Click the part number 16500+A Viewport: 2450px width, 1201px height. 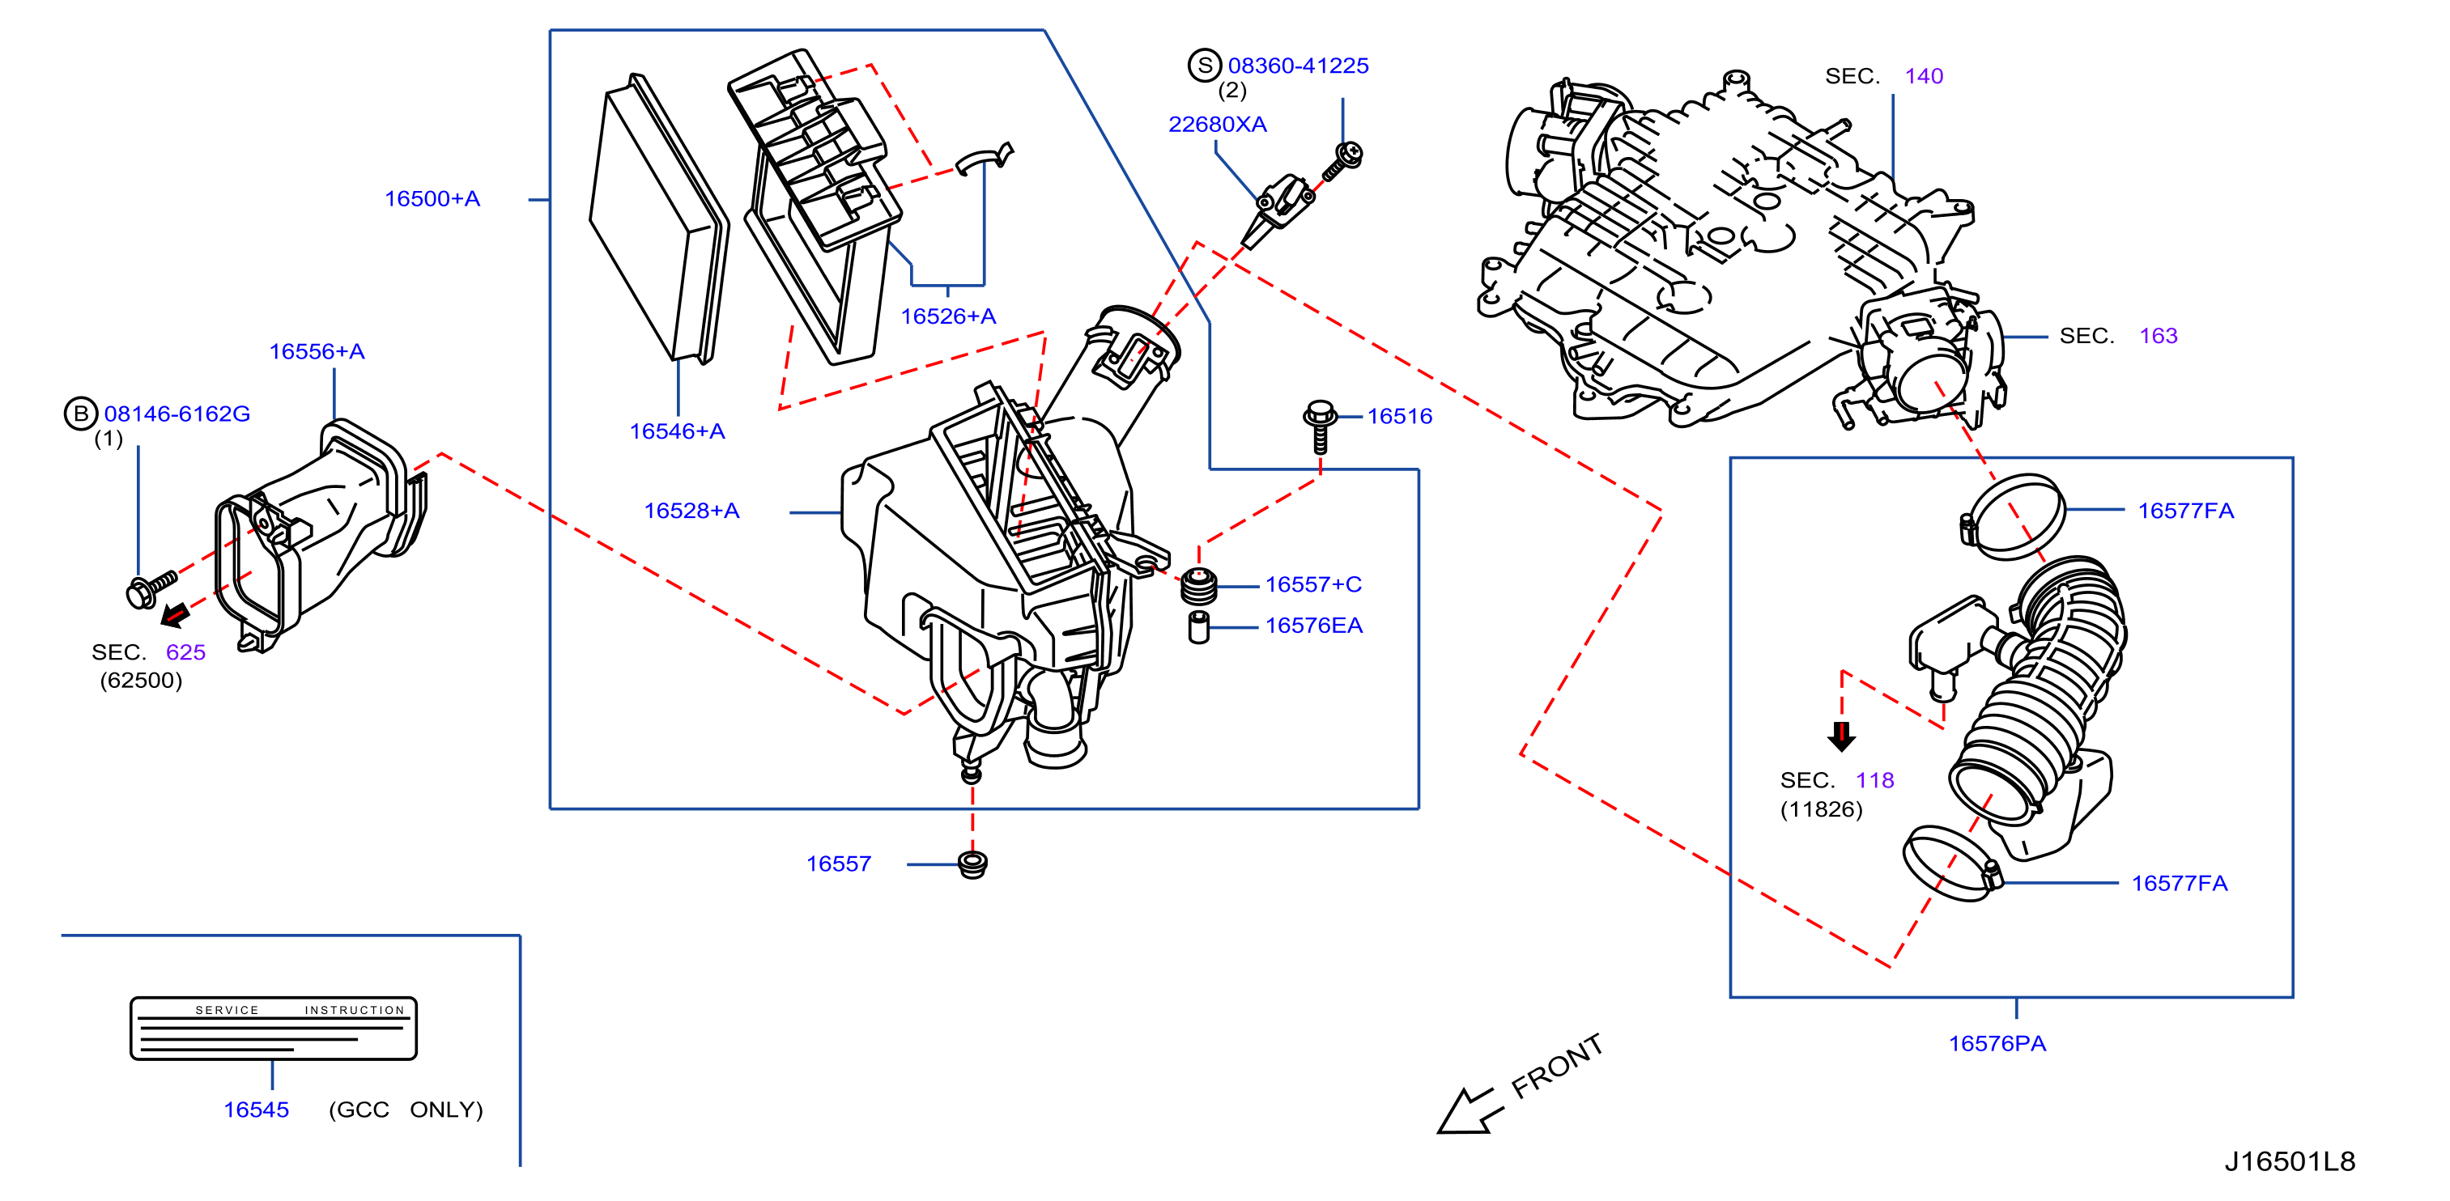[x=432, y=199]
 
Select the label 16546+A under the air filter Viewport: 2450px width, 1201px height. [x=677, y=431]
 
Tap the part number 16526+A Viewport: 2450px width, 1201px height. [x=948, y=316]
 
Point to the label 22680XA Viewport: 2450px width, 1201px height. [x=1218, y=125]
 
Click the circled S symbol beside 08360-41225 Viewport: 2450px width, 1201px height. [x=1205, y=66]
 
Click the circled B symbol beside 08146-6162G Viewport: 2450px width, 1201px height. [x=81, y=414]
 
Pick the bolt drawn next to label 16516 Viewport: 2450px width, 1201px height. [x=1319, y=426]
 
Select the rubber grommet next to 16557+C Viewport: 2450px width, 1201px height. [x=1198, y=586]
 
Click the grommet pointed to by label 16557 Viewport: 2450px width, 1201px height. [x=972, y=865]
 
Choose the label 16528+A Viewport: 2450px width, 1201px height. [x=691, y=511]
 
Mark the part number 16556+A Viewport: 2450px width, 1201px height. [x=317, y=352]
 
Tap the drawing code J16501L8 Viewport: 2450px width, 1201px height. [x=2289, y=1161]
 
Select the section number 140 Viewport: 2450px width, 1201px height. [x=1923, y=76]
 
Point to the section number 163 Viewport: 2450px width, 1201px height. [x=2158, y=336]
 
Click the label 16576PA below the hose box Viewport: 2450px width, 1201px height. [x=1997, y=1044]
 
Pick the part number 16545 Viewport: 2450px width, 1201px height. [x=256, y=1110]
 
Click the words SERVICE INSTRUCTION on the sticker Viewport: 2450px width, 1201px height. [x=300, y=1010]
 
